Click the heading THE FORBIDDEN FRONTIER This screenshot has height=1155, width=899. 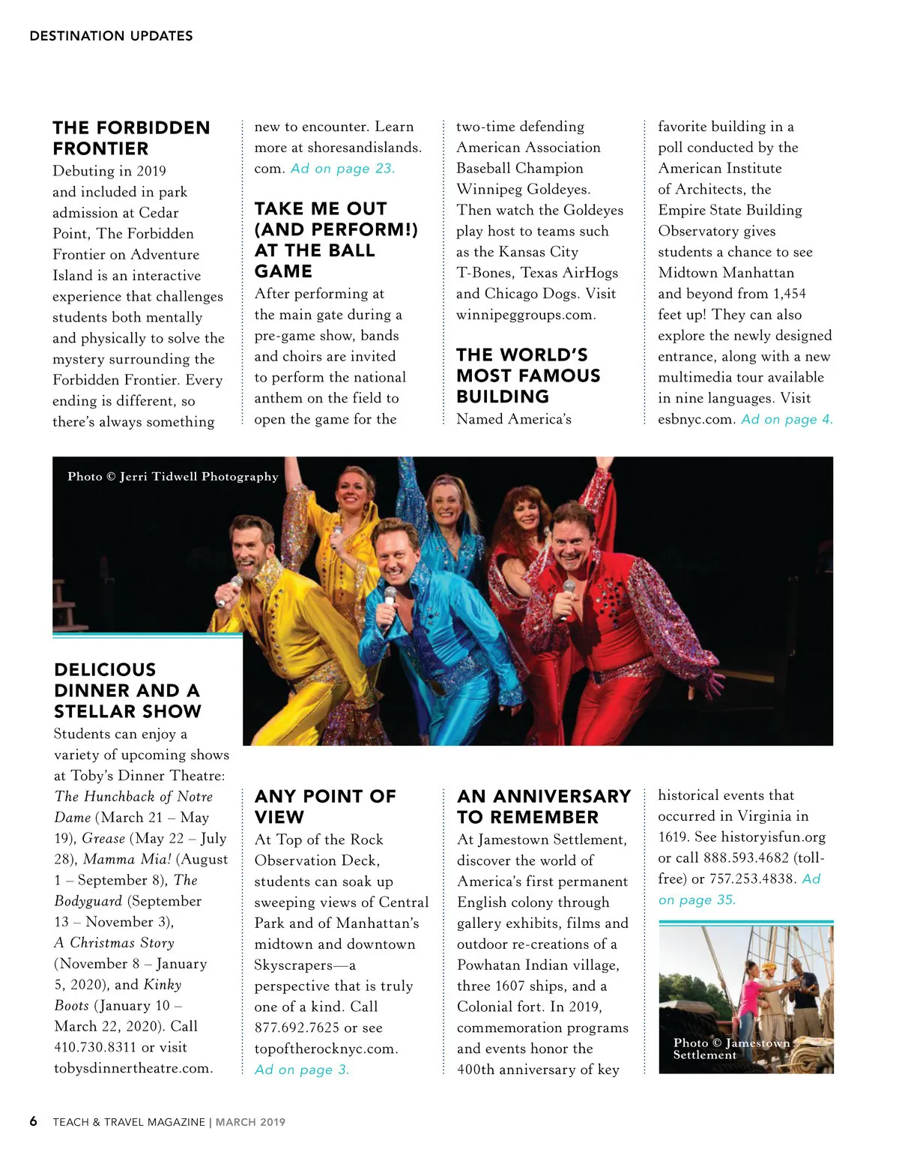point(131,138)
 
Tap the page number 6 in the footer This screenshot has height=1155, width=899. point(33,1121)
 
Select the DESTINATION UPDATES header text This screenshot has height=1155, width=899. point(111,36)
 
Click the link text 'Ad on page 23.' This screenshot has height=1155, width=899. point(342,169)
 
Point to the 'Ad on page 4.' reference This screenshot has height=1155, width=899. point(787,419)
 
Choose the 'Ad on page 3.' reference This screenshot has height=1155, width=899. point(302,1070)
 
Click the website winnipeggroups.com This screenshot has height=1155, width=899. point(526,315)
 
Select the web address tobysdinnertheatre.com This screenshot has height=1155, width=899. point(133,1068)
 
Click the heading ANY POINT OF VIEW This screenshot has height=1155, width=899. point(324,806)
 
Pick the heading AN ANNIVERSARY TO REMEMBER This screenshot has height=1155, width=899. point(544,806)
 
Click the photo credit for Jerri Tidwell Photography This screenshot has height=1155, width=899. point(172,477)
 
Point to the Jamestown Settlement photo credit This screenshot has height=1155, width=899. point(730,1049)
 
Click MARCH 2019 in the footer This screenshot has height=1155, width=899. point(250,1122)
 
